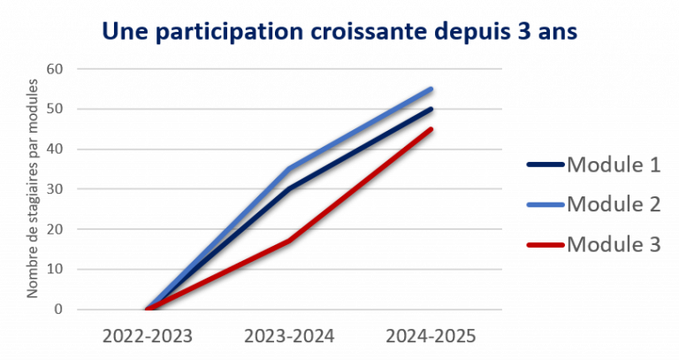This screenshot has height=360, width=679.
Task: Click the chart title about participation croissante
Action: click(339, 32)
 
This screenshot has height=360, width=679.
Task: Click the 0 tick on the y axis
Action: click(58, 310)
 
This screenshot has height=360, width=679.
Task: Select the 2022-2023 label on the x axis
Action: click(147, 337)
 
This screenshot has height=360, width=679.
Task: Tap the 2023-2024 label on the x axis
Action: click(288, 337)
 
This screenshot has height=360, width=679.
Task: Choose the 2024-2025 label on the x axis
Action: click(431, 337)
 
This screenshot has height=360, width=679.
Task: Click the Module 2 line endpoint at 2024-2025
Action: click(431, 88)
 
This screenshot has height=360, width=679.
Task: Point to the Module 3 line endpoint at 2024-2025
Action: click(431, 128)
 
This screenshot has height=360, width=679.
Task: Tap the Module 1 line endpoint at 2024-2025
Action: click(431, 109)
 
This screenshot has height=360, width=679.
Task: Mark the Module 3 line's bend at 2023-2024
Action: click(289, 240)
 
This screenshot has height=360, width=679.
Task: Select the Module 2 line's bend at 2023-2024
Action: click(289, 169)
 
